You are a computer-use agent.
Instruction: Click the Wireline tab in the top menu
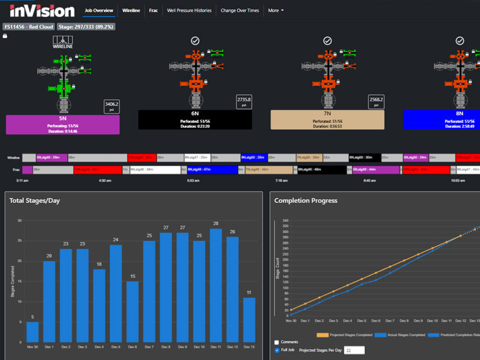pos(131,10)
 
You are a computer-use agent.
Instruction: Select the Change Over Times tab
pos(239,10)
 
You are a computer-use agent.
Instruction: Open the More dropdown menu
pos(275,10)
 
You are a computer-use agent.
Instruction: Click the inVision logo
pos(42,10)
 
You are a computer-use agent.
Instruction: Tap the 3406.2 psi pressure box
pos(112,106)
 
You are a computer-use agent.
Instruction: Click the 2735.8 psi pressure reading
pos(244,102)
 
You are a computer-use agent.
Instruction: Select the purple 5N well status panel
pos(63,124)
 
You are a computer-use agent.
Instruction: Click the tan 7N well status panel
pos(327,120)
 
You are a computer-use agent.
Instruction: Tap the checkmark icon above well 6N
pos(195,41)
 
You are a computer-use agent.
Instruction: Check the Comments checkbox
pos(277,342)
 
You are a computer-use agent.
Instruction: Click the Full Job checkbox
pos(277,350)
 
